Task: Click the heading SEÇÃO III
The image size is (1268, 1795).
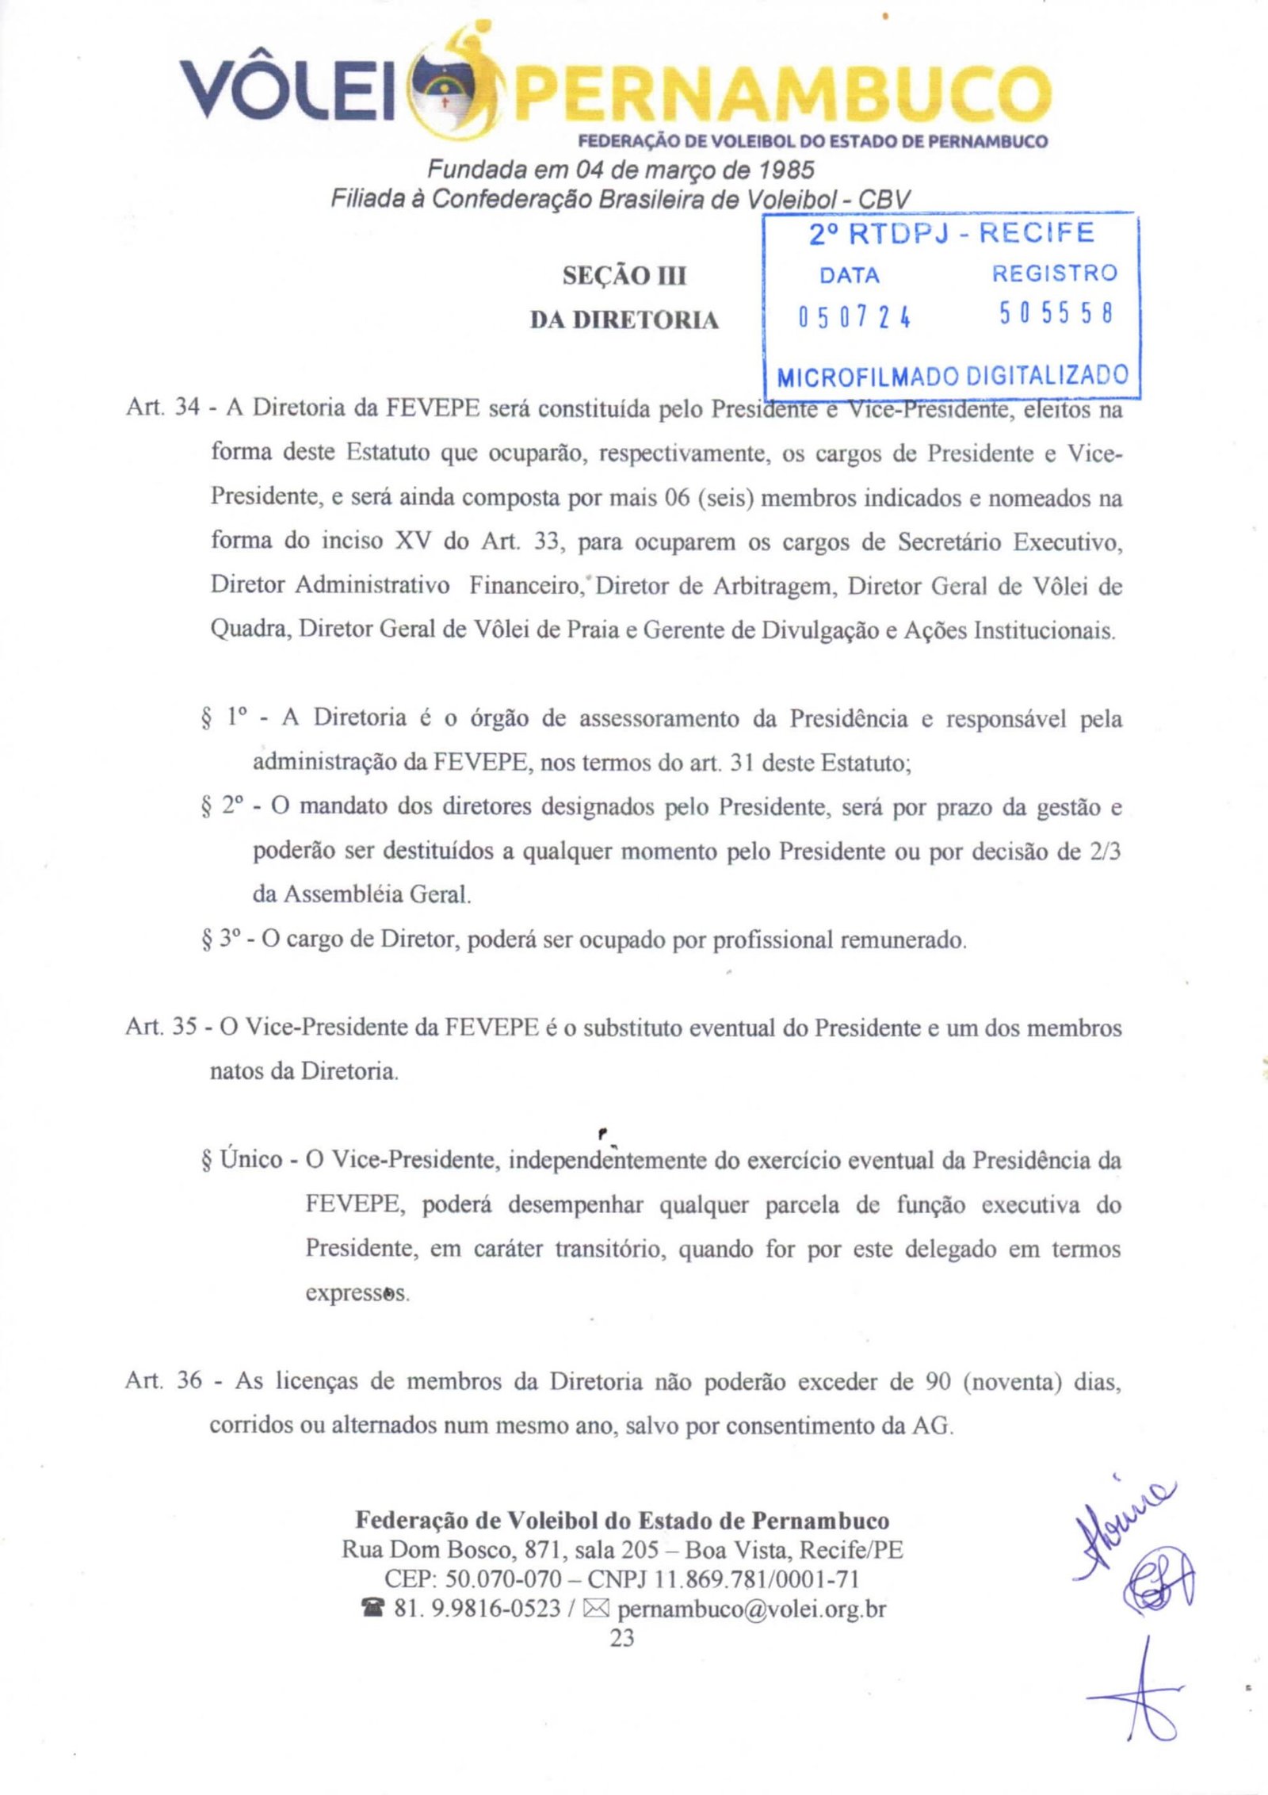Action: pyautogui.click(x=624, y=276)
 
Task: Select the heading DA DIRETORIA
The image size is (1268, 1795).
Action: pyautogui.click(x=624, y=320)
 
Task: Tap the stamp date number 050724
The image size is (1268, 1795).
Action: pyautogui.click(x=854, y=317)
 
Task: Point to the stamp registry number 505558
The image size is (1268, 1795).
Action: pyautogui.click(x=1056, y=314)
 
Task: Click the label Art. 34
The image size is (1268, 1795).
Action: pyautogui.click(x=162, y=408)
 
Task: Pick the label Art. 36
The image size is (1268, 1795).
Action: pyautogui.click(x=163, y=1380)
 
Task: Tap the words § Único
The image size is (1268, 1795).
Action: pyautogui.click(x=243, y=1160)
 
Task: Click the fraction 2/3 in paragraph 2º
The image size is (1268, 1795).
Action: pyautogui.click(x=1104, y=852)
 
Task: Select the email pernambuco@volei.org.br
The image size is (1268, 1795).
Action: pyautogui.click(x=751, y=1609)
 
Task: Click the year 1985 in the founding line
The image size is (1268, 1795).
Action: pyautogui.click(x=786, y=170)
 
